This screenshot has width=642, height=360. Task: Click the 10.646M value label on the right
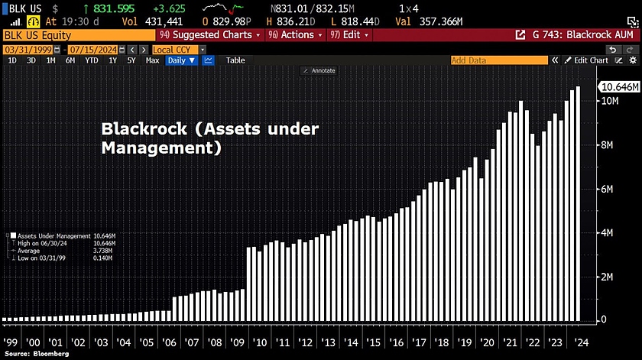click(x=619, y=88)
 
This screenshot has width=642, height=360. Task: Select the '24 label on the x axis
click(x=582, y=344)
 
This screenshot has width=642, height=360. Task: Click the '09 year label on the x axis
click(x=237, y=344)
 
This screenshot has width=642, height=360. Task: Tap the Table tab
click(x=235, y=60)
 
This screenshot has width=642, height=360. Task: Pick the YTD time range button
click(x=92, y=60)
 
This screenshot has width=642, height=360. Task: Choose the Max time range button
click(x=153, y=60)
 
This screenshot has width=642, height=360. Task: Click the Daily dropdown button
click(x=182, y=60)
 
